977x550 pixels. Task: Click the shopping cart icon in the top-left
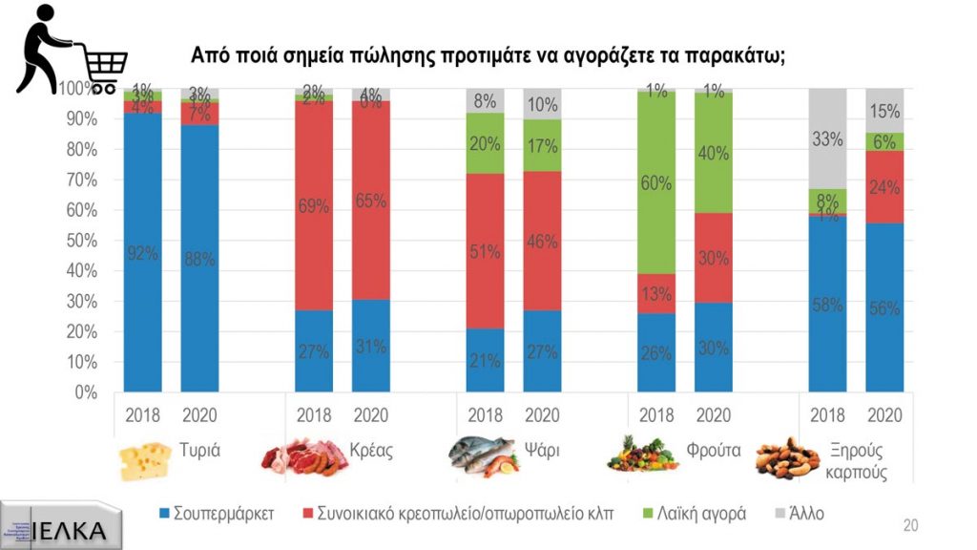72,52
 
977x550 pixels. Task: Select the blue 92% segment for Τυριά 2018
142,253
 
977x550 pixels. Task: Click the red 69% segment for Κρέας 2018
314,205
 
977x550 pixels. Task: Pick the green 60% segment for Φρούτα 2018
656,182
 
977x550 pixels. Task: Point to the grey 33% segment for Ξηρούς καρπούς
828,138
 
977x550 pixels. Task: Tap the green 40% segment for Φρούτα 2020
713,153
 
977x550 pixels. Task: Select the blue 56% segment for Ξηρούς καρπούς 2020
884,307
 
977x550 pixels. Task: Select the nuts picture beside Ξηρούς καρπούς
788,457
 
